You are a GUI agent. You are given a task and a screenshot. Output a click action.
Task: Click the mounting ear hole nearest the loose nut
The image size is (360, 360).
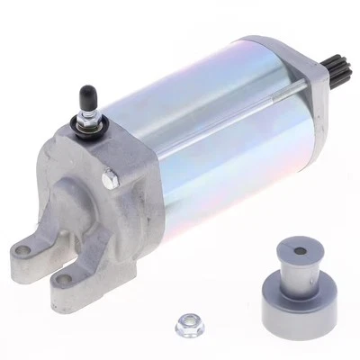(x=63, y=279)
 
